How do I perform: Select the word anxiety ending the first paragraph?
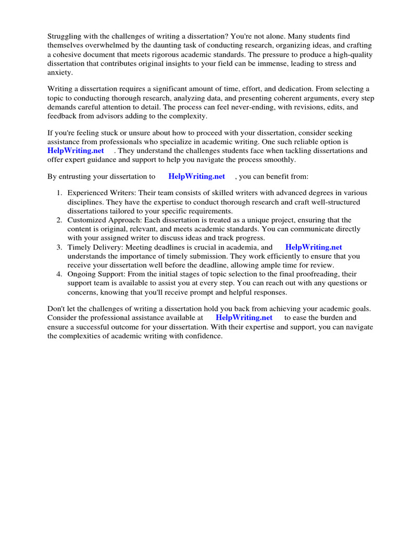tap(59, 72)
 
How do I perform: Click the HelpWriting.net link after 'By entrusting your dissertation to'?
tap(197, 176)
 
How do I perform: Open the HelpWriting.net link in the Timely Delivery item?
tap(314, 247)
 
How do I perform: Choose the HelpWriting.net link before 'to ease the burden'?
tap(244, 318)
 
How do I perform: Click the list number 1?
tap(59, 193)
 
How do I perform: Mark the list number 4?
tap(59, 274)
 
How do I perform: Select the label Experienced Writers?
tap(102, 193)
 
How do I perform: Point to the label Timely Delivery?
tap(95, 247)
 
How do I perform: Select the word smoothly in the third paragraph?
tap(278, 160)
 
